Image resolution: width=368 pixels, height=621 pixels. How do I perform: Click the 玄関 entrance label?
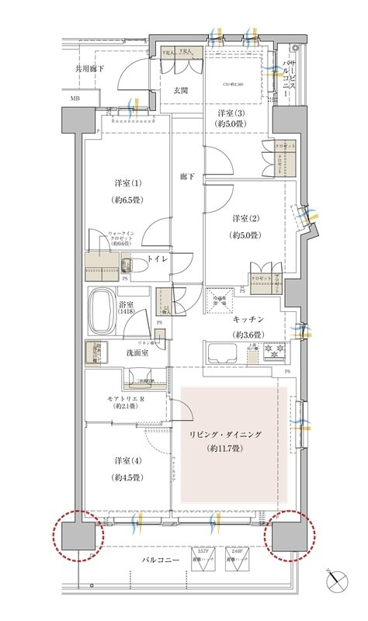(182, 89)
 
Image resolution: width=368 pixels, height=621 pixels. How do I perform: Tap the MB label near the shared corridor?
(75, 99)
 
